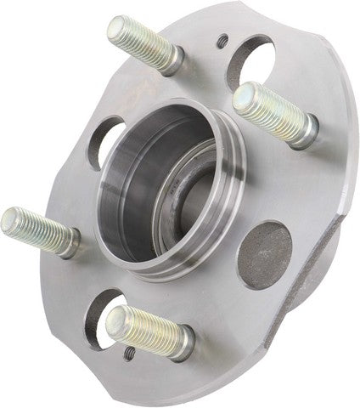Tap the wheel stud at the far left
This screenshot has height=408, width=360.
click(38, 229)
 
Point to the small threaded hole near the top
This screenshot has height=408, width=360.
click(222, 40)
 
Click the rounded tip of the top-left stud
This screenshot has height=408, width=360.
click(119, 28)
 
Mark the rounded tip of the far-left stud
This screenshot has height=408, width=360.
click(10, 221)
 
